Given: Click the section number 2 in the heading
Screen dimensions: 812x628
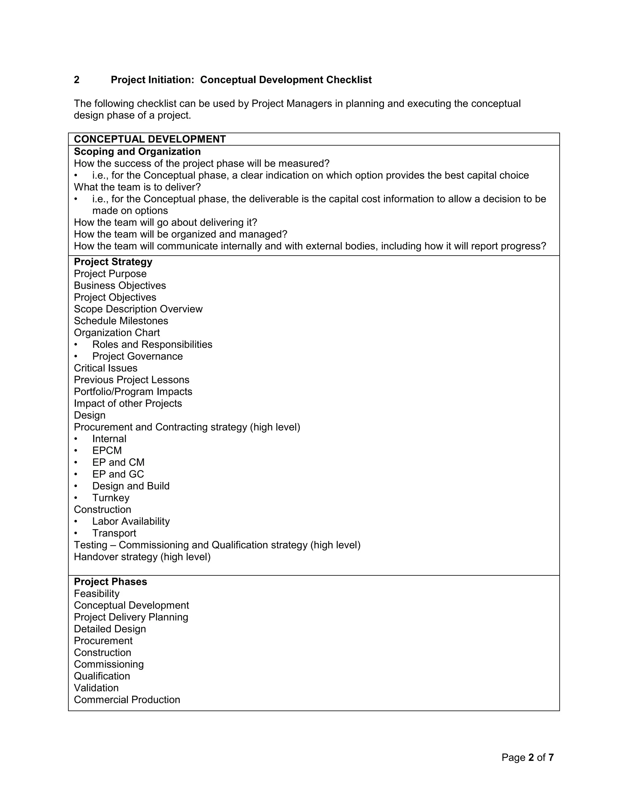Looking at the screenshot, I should click(x=77, y=80).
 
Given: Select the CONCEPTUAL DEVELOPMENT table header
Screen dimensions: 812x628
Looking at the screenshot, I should click(x=150, y=139).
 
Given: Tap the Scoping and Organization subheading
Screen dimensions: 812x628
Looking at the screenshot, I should click(x=137, y=151).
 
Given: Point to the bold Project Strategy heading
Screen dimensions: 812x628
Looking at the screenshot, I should click(x=113, y=262).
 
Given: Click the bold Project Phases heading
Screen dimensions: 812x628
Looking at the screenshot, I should click(x=110, y=582).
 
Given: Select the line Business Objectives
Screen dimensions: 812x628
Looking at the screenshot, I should click(x=120, y=286).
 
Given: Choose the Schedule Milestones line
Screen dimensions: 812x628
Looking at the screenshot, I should click(x=121, y=321).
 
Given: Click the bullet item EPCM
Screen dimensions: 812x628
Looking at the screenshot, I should click(x=107, y=451).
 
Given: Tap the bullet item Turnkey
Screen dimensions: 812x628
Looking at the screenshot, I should click(x=111, y=498).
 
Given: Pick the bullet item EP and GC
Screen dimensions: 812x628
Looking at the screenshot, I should click(x=118, y=474).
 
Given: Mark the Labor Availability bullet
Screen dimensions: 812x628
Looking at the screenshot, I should click(x=131, y=521).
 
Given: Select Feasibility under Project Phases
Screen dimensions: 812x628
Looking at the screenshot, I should click(x=97, y=594).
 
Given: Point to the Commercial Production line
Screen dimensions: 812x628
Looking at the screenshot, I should click(x=127, y=700).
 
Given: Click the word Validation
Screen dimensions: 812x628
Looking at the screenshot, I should click(x=96, y=688).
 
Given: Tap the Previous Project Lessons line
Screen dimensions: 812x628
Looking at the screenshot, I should click(x=131, y=380).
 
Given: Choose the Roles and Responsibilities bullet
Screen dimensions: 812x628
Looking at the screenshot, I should click(x=152, y=344).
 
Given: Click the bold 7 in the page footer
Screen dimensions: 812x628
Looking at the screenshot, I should click(x=551, y=757).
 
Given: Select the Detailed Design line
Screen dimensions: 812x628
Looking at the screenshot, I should click(x=110, y=629).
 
